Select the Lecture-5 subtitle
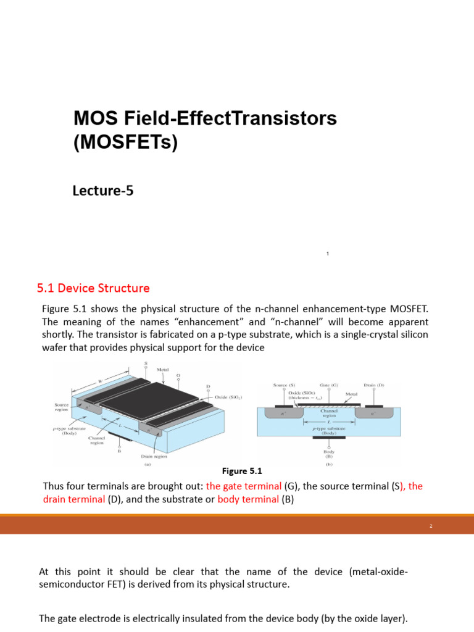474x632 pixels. click(x=103, y=191)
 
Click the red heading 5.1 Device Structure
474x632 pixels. click(x=93, y=288)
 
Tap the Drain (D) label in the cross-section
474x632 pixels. click(x=374, y=385)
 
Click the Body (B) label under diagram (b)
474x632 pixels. click(x=329, y=454)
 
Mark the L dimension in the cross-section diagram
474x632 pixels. click(x=329, y=421)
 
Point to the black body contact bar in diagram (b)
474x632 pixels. click(x=329, y=437)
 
